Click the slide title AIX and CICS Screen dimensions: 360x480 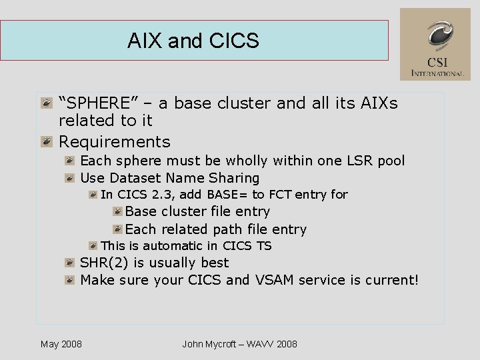tap(193, 41)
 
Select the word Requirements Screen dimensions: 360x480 tap(114, 142)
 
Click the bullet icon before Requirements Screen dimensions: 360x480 tap(46, 141)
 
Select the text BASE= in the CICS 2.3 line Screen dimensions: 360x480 tap(228, 195)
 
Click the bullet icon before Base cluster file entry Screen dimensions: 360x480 tap(117, 211)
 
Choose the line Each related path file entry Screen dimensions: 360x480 tap(215, 229)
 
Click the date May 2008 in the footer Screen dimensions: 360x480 tap(61, 344)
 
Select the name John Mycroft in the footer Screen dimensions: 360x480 tap(209, 344)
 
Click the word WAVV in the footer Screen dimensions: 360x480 tap(259, 344)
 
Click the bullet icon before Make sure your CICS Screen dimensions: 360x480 tap(69, 280)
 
